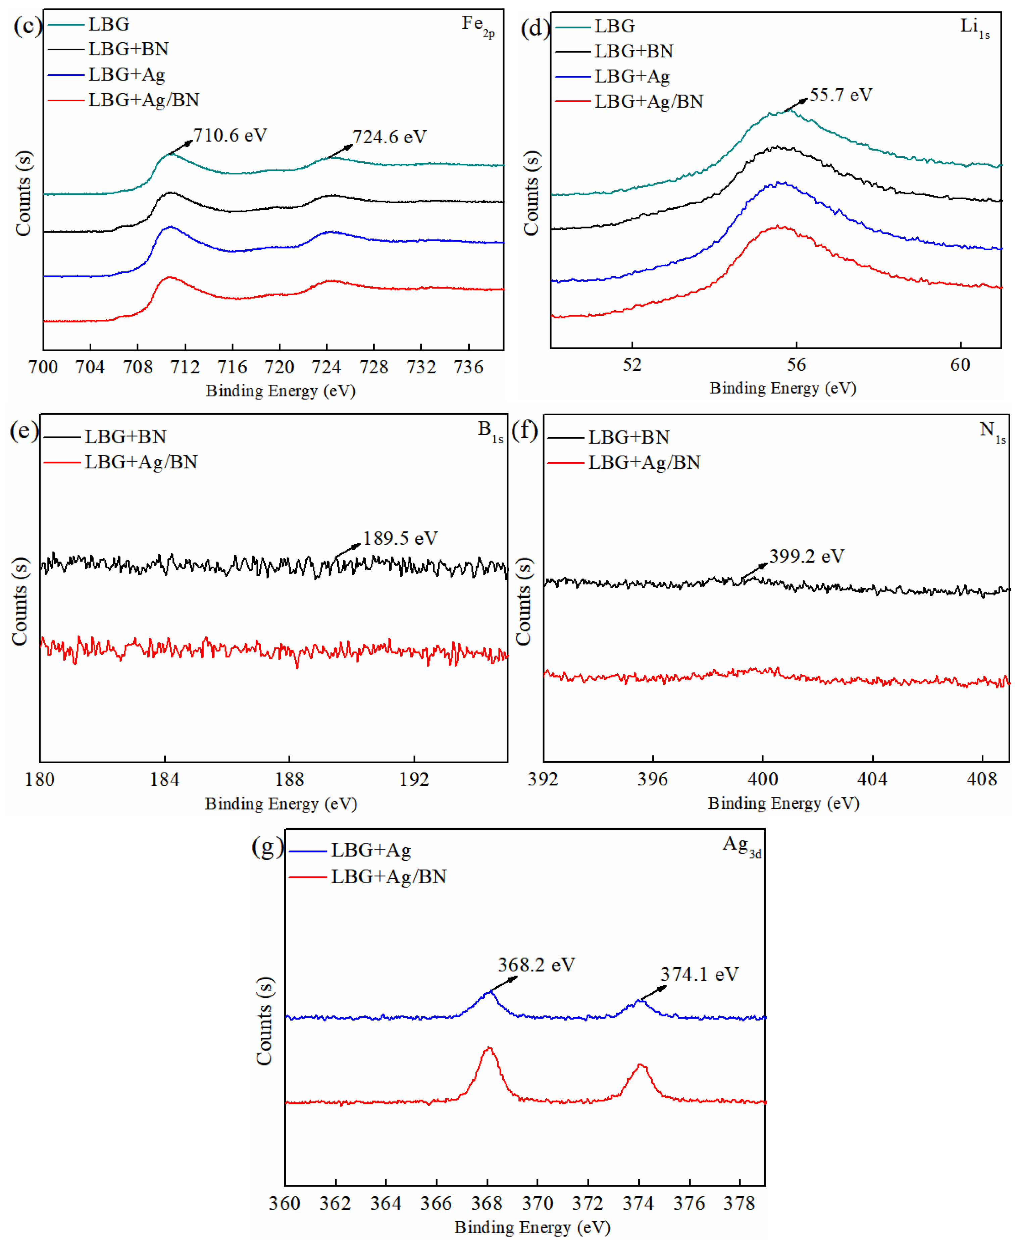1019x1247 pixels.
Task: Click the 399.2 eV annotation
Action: click(807, 556)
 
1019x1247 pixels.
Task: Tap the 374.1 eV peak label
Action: click(699, 974)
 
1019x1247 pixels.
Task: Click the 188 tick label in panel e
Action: click(289, 779)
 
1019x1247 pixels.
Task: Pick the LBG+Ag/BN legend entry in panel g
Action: click(368, 877)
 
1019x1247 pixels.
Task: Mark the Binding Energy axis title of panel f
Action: click(783, 803)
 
